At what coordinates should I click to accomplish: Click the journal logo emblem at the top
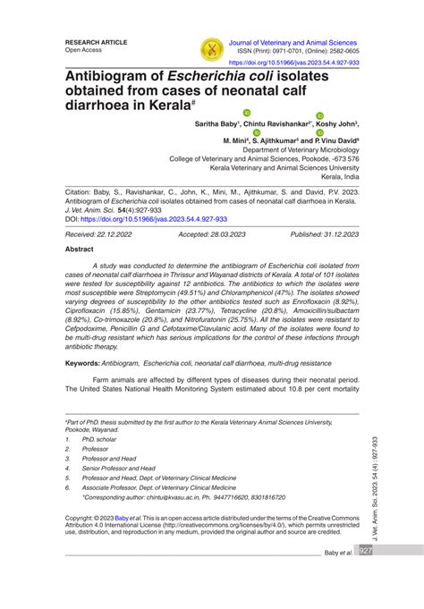coord(212,50)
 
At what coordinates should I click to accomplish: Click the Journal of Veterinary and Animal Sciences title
coord(293,42)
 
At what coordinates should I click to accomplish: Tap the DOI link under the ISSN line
coord(294,63)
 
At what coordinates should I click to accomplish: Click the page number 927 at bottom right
coord(366,552)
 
